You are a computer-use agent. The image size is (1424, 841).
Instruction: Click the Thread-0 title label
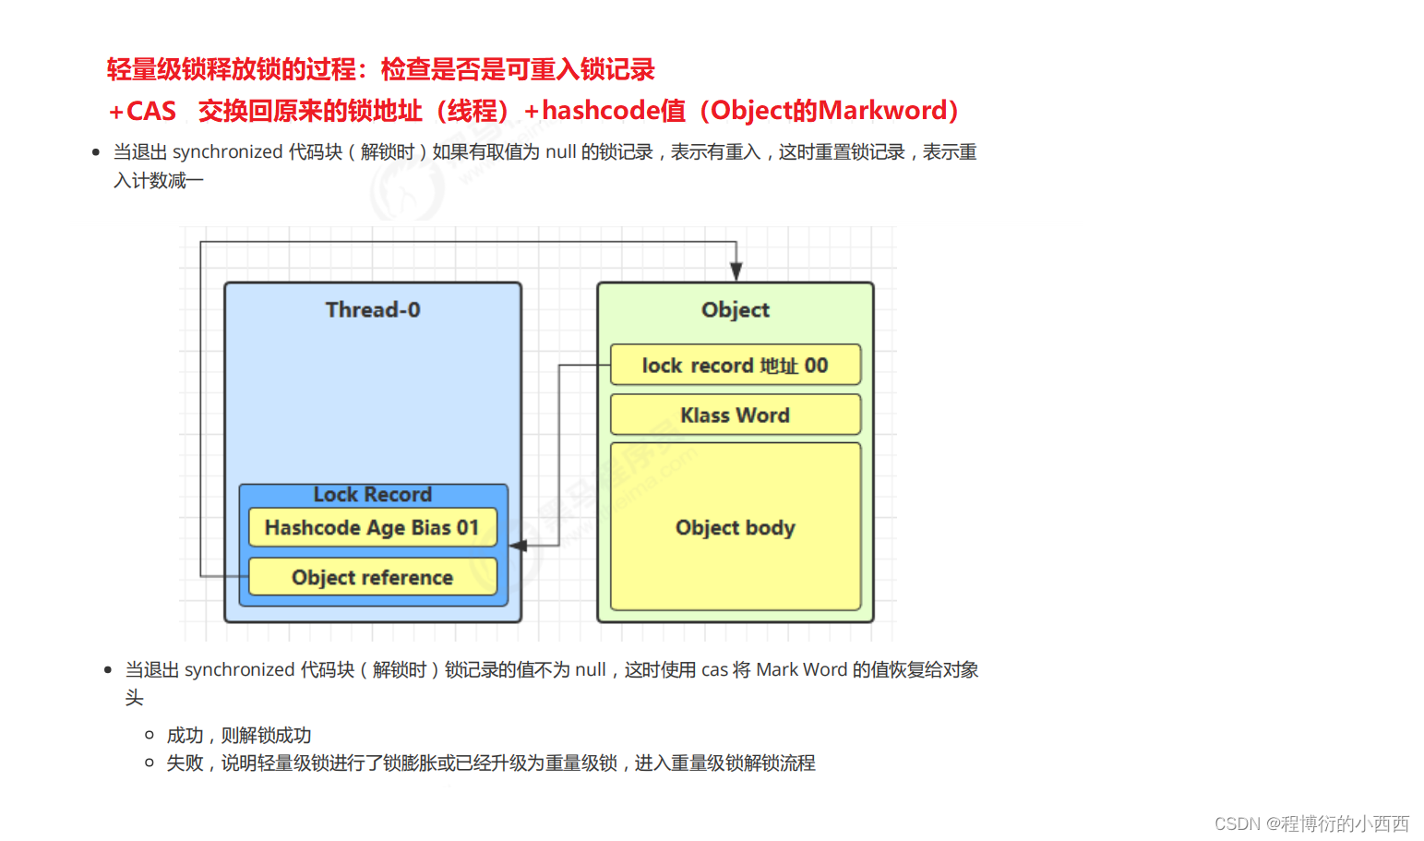tap(373, 310)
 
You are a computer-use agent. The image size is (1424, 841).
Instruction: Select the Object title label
tap(735, 310)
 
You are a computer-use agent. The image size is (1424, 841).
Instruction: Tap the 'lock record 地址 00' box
tap(735, 366)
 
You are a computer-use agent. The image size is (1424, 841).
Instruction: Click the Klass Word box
tap(735, 415)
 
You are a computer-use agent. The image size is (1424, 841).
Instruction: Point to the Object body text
tap(735, 528)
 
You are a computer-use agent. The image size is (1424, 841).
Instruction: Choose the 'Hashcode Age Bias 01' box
tap(372, 528)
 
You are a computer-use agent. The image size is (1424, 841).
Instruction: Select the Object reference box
tap(372, 578)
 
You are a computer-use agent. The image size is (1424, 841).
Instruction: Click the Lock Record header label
tap(372, 495)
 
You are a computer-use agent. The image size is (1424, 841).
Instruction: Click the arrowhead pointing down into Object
tap(736, 270)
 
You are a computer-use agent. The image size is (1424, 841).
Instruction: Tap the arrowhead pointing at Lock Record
tap(519, 546)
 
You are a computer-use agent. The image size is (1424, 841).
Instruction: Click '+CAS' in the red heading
tap(142, 111)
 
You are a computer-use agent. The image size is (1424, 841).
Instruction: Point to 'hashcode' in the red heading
tap(601, 111)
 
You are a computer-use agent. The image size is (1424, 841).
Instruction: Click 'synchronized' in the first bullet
tap(227, 152)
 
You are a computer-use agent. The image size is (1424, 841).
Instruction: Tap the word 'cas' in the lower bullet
tap(714, 670)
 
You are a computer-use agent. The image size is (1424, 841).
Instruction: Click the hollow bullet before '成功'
tap(150, 735)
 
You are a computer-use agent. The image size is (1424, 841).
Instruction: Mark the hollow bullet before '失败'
tap(150, 763)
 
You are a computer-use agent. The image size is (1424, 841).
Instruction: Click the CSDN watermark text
tap(1311, 823)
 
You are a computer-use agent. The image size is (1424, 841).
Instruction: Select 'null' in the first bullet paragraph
tap(560, 152)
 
